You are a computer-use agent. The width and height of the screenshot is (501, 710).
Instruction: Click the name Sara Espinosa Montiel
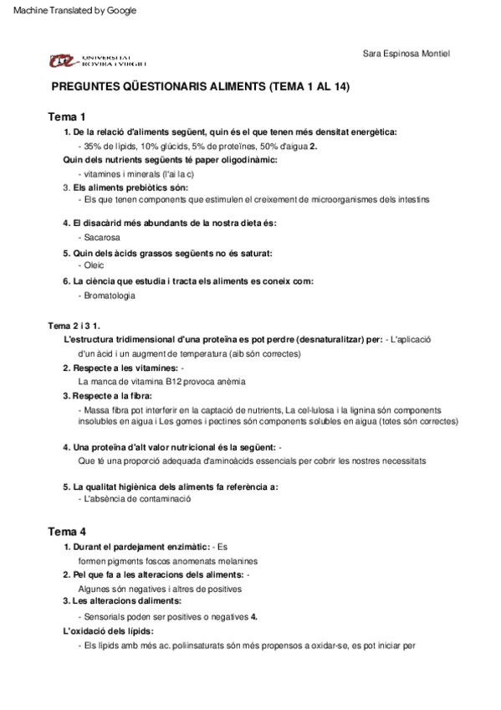click(x=406, y=54)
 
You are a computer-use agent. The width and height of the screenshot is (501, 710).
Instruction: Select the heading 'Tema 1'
click(x=67, y=116)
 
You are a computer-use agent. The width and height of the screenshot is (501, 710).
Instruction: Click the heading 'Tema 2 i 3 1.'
click(x=75, y=325)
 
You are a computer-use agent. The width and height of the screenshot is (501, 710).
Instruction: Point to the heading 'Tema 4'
click(x=67, y=532)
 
